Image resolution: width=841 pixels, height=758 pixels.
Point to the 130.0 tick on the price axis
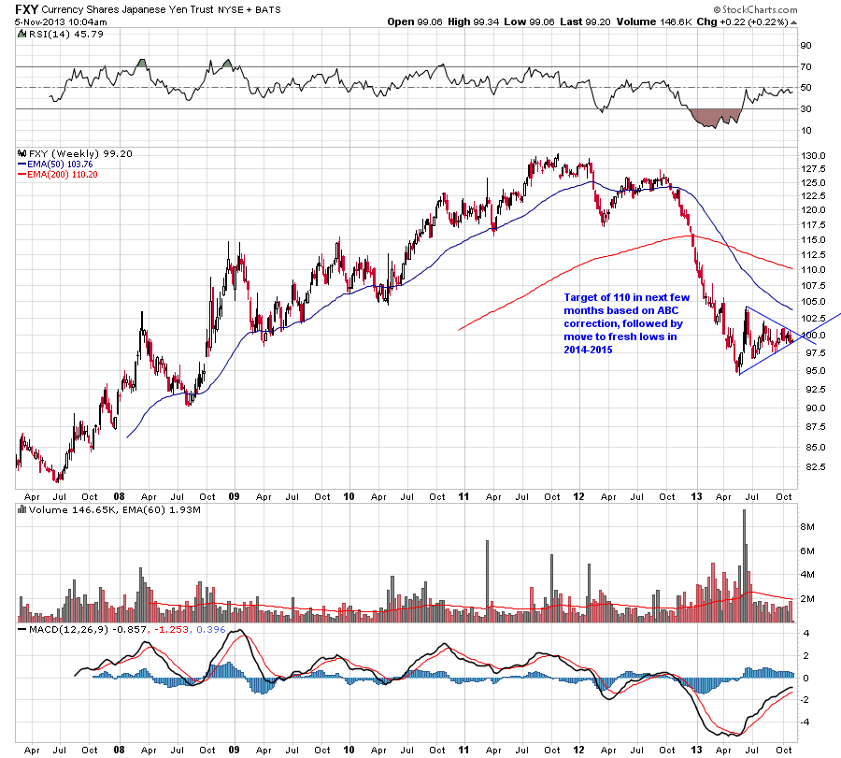(x=811, y=155)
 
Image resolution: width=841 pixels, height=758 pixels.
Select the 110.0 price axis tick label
(x=811, y=269)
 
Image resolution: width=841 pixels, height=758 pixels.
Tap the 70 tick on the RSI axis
(x=805, y=66)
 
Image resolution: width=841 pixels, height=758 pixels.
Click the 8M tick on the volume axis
(x=806, y=527)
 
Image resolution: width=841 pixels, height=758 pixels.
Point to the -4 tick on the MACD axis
(x=804, y=722)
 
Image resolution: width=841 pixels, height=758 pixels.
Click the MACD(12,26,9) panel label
(x=60, y=631)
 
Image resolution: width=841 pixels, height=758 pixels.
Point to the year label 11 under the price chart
(x=464, y=496)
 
